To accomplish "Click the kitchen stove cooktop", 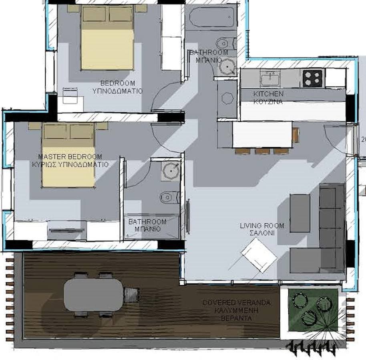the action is click(313, 78).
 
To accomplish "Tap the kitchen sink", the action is click(270, 78).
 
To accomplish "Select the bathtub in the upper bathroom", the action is click(212, 17).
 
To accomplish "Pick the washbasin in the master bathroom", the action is click(171, 171).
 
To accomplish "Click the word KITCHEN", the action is click(268, 94).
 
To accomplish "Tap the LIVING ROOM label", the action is click(262, 226).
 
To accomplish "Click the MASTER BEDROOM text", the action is click(70, 156).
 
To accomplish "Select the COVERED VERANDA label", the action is click(236, 303).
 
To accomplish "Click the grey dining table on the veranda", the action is click(94, 295).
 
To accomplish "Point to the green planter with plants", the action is click(313, 310).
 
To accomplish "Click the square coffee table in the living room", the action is click(259, 256).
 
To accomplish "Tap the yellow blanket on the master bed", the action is click(68, 166).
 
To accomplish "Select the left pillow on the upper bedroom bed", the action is click(94, 14).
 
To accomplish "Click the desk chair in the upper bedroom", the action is click(70, 95).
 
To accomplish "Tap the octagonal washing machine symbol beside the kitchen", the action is click(227, 98).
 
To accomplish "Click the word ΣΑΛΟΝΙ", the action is click(262, 233).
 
